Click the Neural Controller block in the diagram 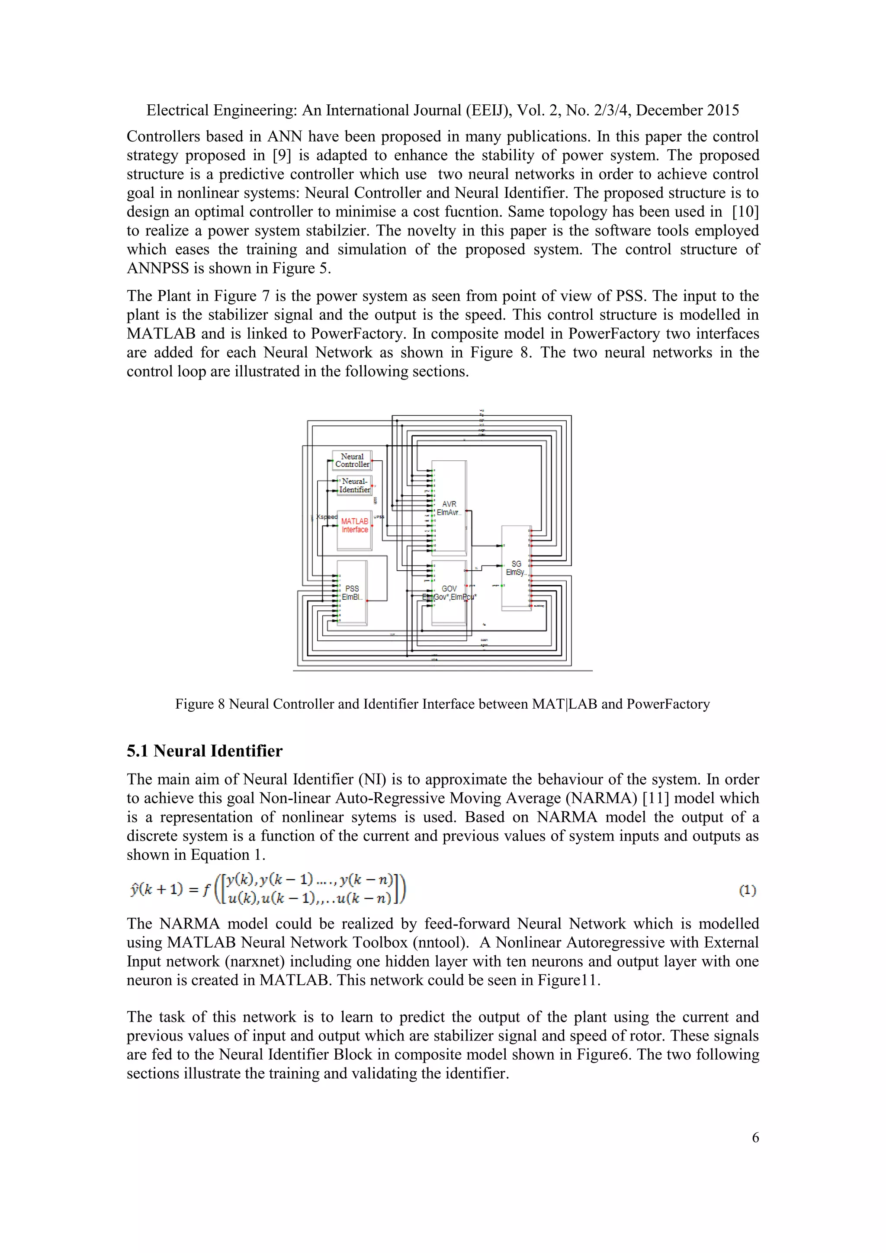[x=352, y=460]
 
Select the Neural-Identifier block [x=355, y=485]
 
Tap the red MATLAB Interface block [x=355, y=526]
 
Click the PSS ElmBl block [x=352, y=593]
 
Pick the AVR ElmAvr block [x=449, y=508]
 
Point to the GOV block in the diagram [x=449, y=593]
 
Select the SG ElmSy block [x=516, y=568]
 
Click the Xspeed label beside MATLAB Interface [x=327, y=517]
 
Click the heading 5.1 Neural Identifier [x=205, y=751]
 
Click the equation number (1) [x=747, y=890]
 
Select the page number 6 [x=755, y=1137]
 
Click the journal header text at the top [x=443, y=110]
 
